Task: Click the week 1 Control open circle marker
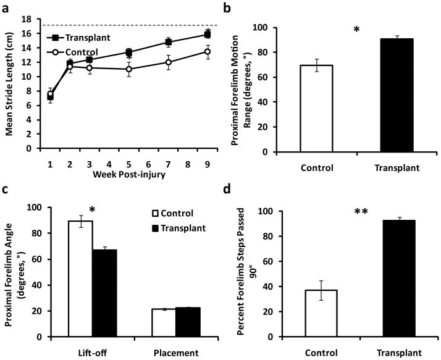tap(50, 94)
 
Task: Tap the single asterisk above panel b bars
tap(356, 29)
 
